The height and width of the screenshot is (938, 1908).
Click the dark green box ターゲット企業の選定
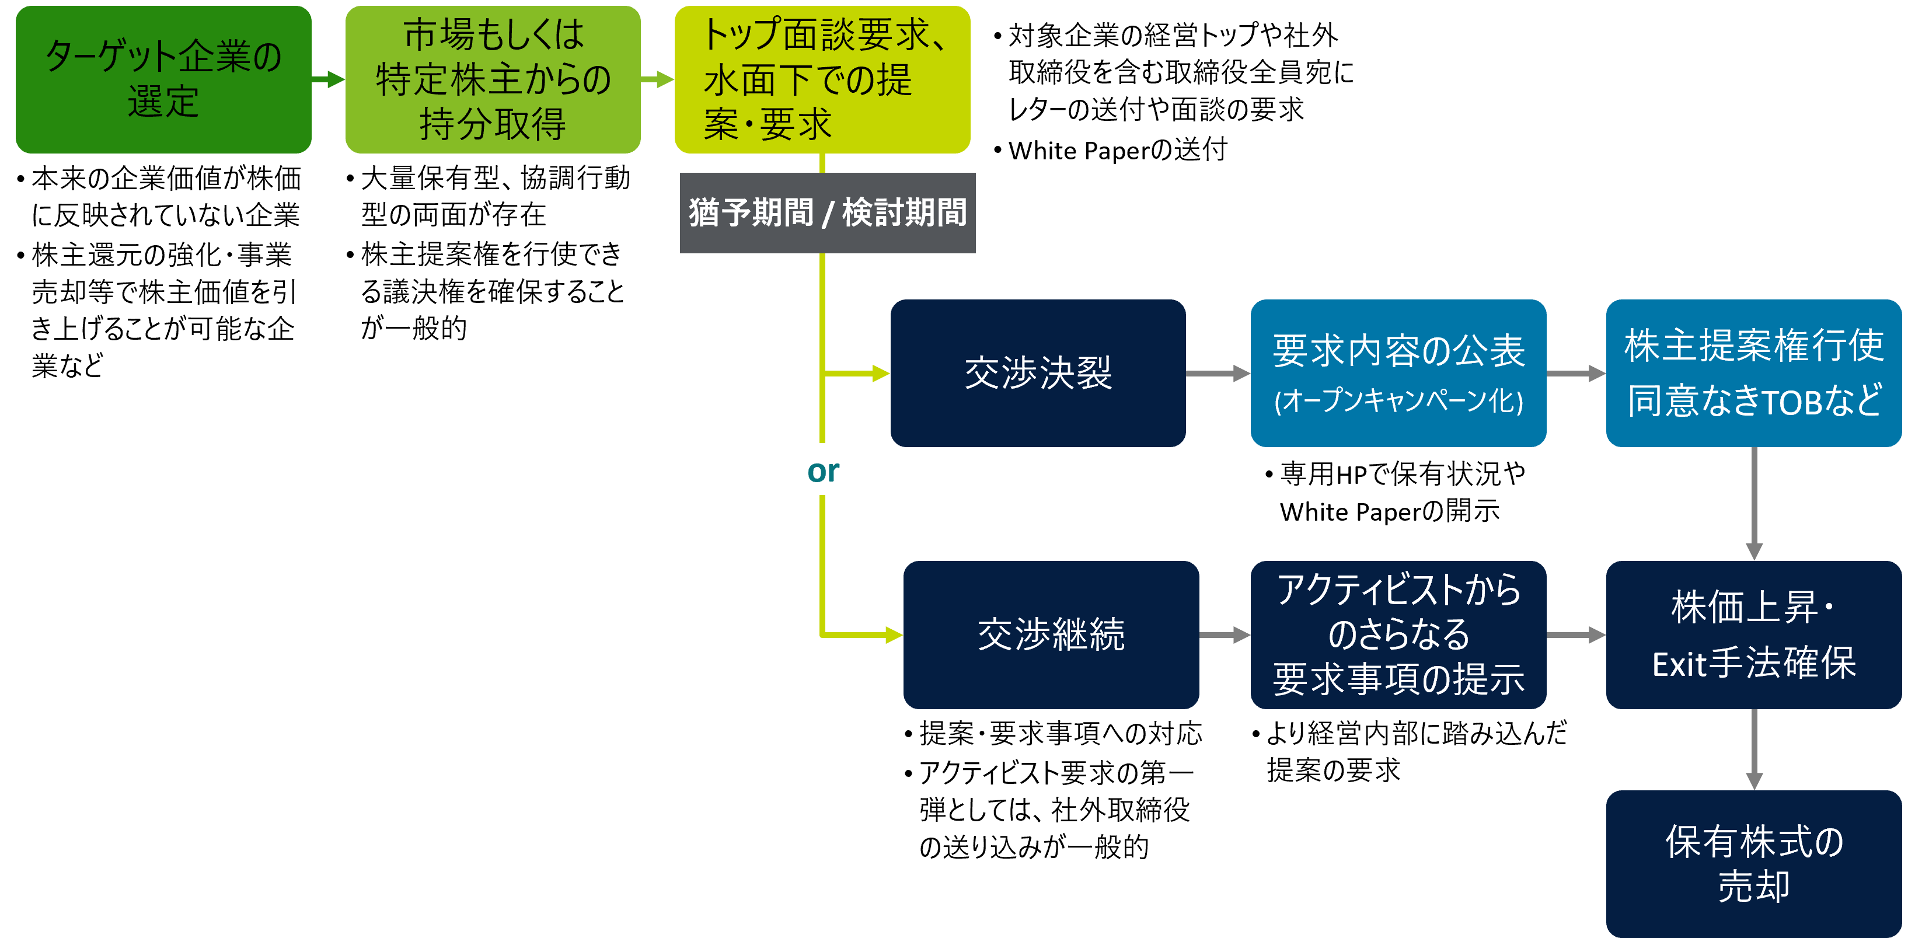pyautogui.click(x=163, y=79)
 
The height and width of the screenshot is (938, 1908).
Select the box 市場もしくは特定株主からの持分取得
pyautogui.click(x=493, y=79)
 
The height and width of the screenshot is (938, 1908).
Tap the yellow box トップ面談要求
pyautogui.click(x=822, y=79)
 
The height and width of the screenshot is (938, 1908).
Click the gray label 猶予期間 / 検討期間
pyautogui.click(x=827, y=212)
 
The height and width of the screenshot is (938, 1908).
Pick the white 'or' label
pyautogui.click(x=823, y=470)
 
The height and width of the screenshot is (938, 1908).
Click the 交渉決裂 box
pyautogui.click(x=1038, y=372)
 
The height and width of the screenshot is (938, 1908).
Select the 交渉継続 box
pyautogui.click(x=1050, y=635)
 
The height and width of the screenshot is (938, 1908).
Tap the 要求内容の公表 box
pyautogui.click(x=1398, y=372)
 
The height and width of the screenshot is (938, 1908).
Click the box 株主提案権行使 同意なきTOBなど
pyautogui.click(x=1753, y=372)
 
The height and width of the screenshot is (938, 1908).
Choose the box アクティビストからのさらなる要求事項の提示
pyautogui.click(x=1398, y=635)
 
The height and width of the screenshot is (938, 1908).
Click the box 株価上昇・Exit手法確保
pyautogui.click(x=1753, y=635)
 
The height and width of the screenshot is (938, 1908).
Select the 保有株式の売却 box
pyautogui.click(x=1753, y=863)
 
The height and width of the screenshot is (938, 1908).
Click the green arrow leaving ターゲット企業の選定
pyautogui.click(x=328, y=79)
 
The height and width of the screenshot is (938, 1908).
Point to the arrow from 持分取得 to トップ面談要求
pyautogui.click(x=658, y=79)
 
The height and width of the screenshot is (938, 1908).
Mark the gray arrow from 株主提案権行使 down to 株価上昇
pyautogui.click(x=1753, y=504)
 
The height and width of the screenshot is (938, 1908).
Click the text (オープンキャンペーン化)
pyautogui.click(x=1398, y=401)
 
